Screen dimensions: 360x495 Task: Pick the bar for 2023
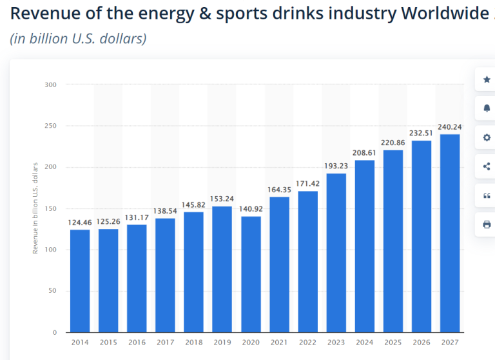tap(336, 252)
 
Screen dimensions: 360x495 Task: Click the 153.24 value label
tap(222, 198)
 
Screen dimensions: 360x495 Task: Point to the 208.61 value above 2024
tap(364, 152)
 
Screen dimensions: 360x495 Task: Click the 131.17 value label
tap(137, 217)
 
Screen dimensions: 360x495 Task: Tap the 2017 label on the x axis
tap(165, 342)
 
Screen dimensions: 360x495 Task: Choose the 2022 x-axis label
tap(307, 342)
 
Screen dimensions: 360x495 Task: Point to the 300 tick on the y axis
tap(52, 85)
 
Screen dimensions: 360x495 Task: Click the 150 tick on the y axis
tap(52, 208)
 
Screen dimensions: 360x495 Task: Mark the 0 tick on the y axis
tap(55, 332)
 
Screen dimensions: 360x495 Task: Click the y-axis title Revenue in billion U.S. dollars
tap(35, 208)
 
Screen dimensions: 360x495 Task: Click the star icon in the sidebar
tap(487, 79)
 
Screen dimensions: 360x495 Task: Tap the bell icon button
tap(487, 108)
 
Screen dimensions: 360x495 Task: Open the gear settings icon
tap(487, 137)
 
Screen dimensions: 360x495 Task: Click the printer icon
tap(487, 225)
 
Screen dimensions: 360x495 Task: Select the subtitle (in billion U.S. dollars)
tap(78, 39)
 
